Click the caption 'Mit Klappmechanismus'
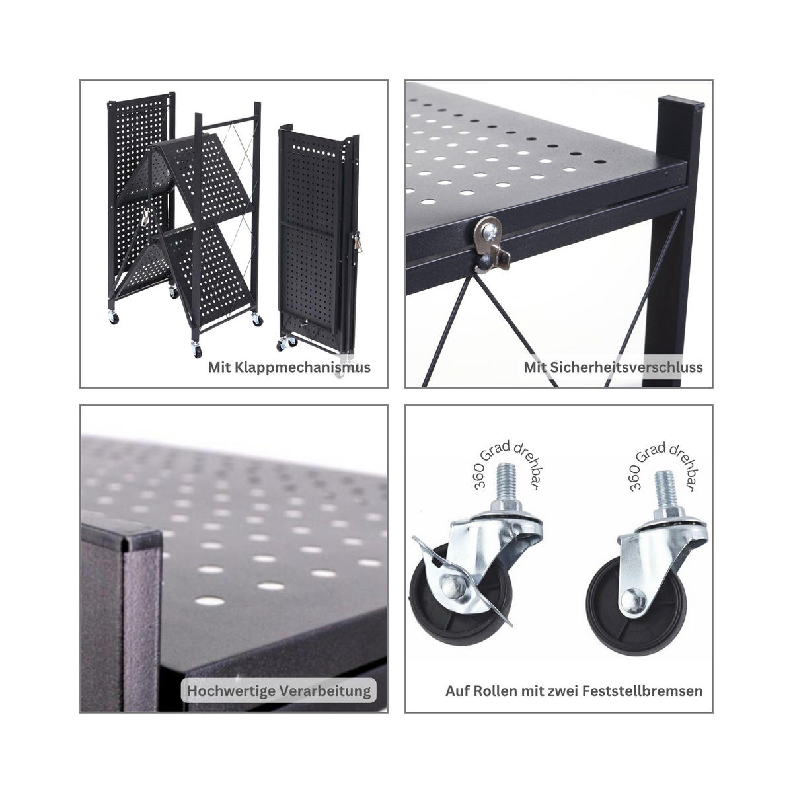[x=289, y=367]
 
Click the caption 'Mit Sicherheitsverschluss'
[x=613, y=367]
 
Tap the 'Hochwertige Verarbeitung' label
[x=279, y=691]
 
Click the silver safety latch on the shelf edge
[x=490, y=242]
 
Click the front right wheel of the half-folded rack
[x=256, y=321]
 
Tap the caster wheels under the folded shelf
[x=287, y=343]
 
